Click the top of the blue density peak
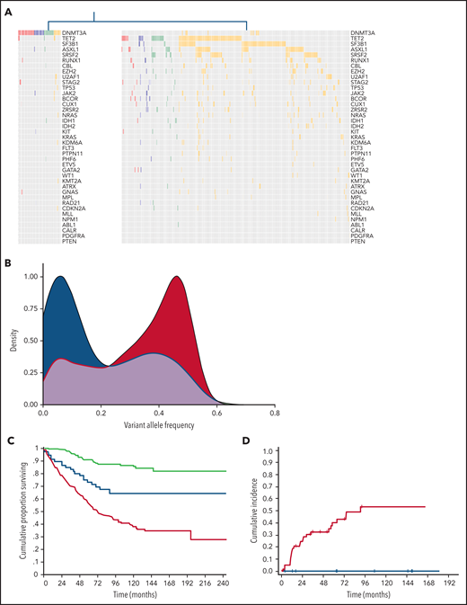click(x=61, y=277)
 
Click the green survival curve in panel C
click(x=135, y=467)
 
